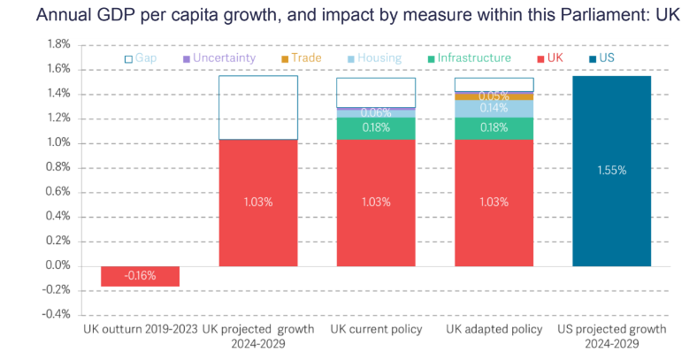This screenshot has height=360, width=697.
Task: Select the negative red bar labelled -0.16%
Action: tap(140, 275)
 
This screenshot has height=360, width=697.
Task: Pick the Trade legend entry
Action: tap(300, 58)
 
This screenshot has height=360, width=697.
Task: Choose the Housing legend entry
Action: tap(372, 58)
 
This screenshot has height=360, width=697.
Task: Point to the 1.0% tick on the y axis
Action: tap(57, 143)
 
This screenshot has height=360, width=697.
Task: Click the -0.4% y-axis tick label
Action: tap(56, 314)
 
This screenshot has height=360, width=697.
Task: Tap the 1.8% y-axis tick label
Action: tap(57, 44)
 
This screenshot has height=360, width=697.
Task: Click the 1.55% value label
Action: tap(611, 170)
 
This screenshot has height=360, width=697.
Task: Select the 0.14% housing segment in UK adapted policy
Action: tap(494, 109)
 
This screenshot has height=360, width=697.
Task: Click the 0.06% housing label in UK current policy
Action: tap(375, 113)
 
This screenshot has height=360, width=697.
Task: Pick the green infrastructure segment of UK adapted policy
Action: tap(494, 128)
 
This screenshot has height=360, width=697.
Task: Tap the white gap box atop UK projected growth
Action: tap(257, 108)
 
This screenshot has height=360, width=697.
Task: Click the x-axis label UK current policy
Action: tap(375, 329)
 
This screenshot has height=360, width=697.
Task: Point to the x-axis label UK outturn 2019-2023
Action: tap(140, 329)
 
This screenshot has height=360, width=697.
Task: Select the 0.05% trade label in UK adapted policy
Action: tap(494, 96)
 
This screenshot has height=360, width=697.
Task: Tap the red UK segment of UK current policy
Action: tap(375, 202)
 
